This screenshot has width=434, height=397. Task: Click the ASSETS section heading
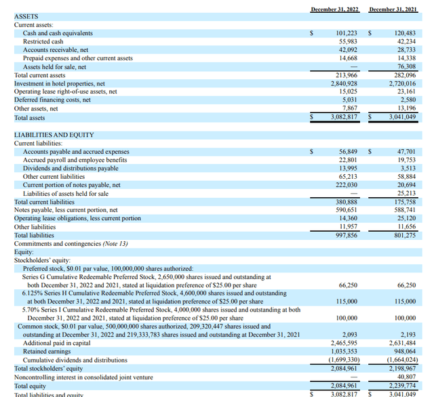(x=26, y=16)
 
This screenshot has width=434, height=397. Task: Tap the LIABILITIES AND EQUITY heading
(x=54, y=135)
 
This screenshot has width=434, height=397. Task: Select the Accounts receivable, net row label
(x=54, y=50)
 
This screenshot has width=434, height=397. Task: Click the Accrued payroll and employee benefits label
(x=75, y=160)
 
